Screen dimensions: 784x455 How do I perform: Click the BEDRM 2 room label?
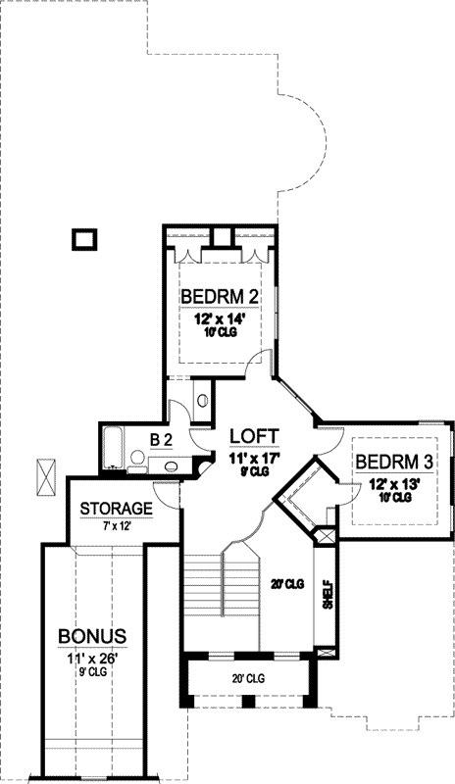pyautogui.click(x=219, y=297)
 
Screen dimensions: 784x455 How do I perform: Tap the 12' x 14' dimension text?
pyautogui.click(x=220, y=318)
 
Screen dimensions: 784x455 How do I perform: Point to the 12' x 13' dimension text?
pyautogui.click(x=393, y=483)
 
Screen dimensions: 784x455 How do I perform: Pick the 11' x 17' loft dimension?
pyautogui.click(x=254, y=456)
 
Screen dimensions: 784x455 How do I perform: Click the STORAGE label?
pyautogui.click(x=116, y=509)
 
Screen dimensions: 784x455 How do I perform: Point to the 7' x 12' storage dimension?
pyautogui.click(x=116, y=527)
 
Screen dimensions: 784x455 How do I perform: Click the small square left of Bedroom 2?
pyautogui.click(x=85, y=238)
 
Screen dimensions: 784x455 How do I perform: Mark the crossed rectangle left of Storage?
pyautogui.click(x=45, y=476)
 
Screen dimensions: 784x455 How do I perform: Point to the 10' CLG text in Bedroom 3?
pyautogui.click(x=393, y=498)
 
